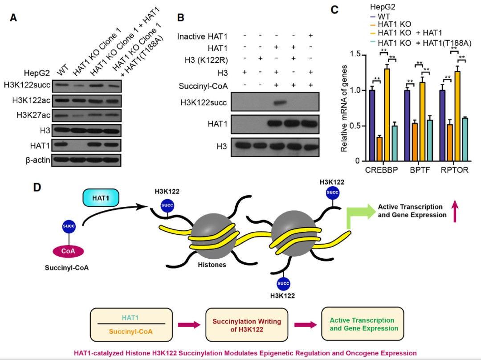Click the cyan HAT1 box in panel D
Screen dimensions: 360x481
click(x=101, y=197)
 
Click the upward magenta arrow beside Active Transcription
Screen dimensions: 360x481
click(x=454, y=211)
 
